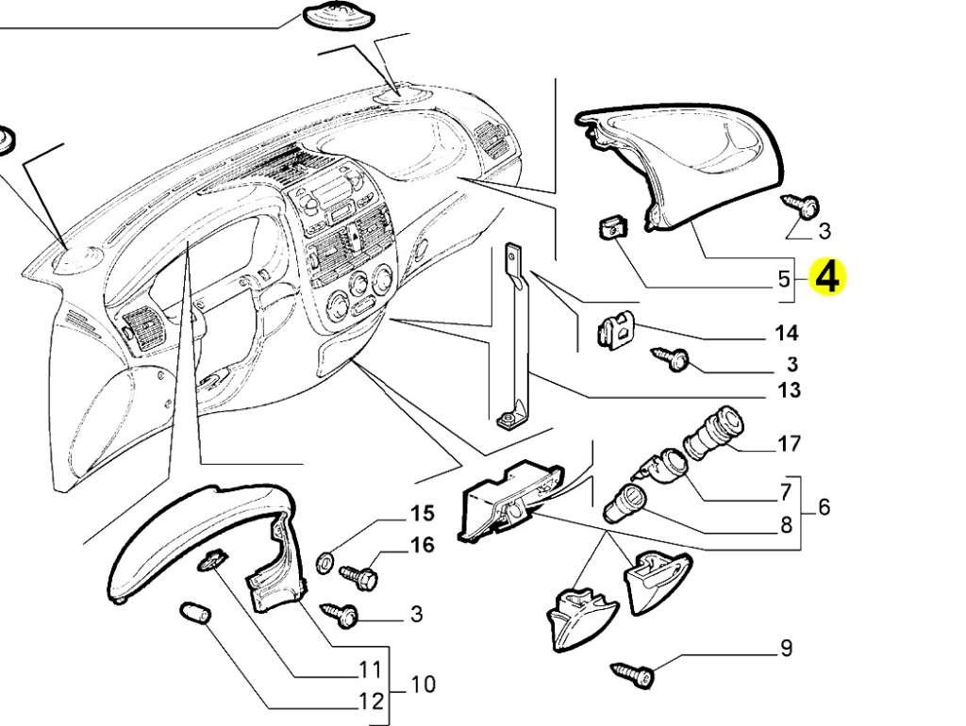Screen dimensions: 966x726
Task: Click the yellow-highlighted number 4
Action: click(827, 277)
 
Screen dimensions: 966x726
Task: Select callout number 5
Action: click(783, 279)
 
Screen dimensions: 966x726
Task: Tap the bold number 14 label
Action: click(787, 333)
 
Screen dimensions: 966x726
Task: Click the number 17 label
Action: click(788, 443)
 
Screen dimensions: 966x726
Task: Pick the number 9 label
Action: click(786, 648)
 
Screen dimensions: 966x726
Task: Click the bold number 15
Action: click(423, 513)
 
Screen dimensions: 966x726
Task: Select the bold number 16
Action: click(423, 544)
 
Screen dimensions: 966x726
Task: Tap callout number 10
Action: click(423, 685)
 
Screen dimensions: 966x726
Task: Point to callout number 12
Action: click(372, 701)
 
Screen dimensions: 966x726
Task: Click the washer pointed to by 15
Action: click(325, 562)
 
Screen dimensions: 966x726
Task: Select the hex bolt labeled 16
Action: click(358, 576)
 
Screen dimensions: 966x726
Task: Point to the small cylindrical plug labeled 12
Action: click(195, 613)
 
